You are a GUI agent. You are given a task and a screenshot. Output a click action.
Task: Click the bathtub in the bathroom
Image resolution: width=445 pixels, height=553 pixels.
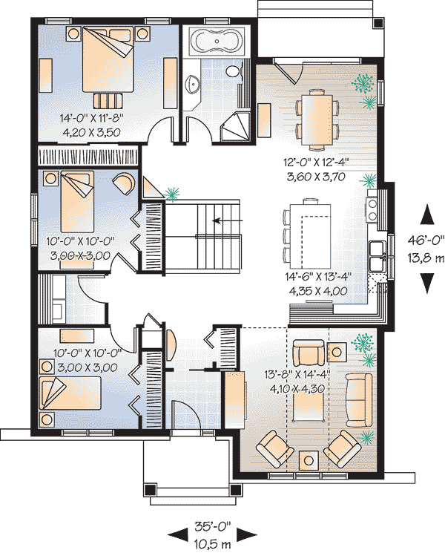coord(216,41)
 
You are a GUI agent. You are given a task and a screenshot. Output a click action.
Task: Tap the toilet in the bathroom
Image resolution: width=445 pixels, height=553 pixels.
coord(233,71)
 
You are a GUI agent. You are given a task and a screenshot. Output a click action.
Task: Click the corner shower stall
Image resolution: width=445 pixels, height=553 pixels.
coord(235,127)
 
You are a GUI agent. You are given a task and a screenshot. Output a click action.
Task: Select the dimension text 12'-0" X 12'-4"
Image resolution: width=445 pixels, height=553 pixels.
coord(316,163)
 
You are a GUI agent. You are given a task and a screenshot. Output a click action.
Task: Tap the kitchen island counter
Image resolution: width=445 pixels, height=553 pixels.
coord(311,235)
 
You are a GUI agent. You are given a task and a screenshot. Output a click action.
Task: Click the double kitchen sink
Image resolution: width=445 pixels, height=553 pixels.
coord(378,256)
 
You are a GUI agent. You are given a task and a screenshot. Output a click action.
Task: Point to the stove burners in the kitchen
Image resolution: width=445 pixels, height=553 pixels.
coord(372,209)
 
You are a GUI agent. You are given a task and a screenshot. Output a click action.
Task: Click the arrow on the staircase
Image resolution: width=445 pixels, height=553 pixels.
coord(228,220)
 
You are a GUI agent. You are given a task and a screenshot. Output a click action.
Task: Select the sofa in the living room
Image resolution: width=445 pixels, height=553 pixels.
coord(359,400)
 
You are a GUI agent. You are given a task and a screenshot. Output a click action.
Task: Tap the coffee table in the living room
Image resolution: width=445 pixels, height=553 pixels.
coord(309,407)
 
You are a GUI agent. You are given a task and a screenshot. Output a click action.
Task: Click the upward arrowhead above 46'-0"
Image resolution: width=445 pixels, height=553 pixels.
coord(427,215)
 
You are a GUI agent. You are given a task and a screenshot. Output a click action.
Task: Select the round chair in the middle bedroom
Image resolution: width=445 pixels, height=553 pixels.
coord(124,183)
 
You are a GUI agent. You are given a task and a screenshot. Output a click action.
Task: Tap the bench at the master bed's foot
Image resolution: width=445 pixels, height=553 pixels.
coord(108,100)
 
